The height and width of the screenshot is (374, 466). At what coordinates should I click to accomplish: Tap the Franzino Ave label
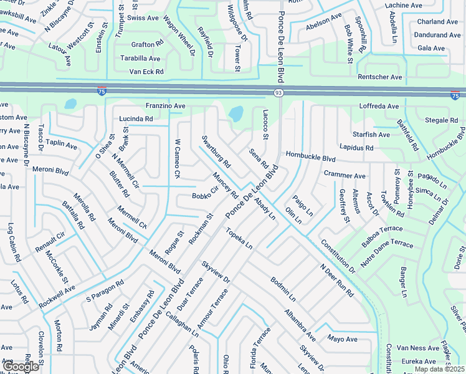pos(166,107)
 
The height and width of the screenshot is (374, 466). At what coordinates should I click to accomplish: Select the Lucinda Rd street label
pos(136,118)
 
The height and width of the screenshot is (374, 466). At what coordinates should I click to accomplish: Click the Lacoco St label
pos(265,125)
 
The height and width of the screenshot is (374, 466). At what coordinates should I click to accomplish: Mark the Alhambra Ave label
pos(300,322)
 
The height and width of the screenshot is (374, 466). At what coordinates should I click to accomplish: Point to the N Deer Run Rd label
pos(337,281)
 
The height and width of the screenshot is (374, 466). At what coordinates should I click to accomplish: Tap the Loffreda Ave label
pos(379,107)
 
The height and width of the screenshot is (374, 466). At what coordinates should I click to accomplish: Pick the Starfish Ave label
pos(371,135)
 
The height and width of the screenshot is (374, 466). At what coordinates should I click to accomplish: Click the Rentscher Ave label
pos(380,77)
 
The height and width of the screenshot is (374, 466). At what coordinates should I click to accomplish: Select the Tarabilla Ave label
pos(140,59)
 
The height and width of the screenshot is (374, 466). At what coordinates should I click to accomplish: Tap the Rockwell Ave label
pos(57,297)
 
